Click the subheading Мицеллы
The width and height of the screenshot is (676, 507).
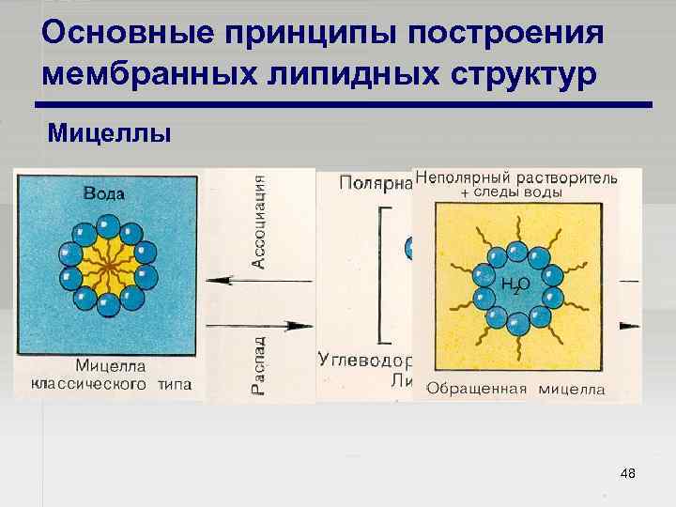109,132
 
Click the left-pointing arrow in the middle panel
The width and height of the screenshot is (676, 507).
234,280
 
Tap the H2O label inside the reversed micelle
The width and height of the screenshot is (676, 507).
515,284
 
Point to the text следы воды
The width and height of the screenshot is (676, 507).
521,192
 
